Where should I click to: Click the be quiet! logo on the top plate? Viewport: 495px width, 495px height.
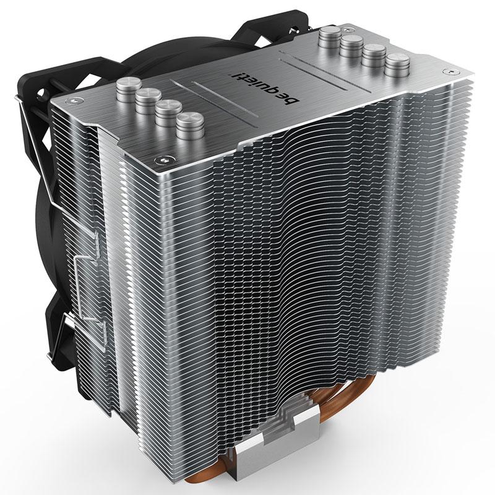click(264, 90)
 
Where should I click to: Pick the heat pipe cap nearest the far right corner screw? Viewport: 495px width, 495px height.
click(397, 65)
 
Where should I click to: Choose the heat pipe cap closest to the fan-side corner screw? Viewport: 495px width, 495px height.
click(129, 88)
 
